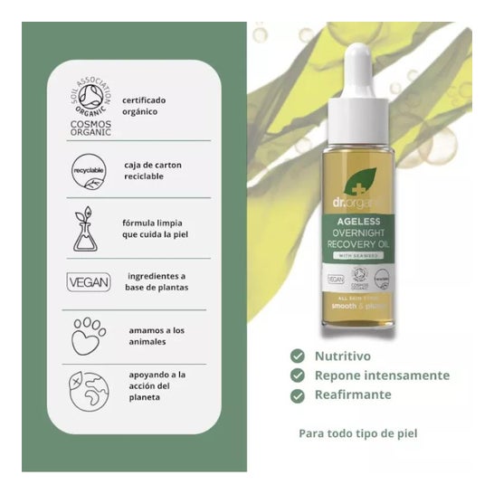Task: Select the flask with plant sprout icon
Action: [89, 229]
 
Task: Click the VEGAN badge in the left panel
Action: [89, 282]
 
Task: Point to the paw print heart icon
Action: [89, 336]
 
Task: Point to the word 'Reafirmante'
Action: [353, 394]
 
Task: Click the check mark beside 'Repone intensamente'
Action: [297, 375]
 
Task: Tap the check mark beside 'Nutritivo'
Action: [297, 356]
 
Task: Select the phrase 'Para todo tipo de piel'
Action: [358, 433]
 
